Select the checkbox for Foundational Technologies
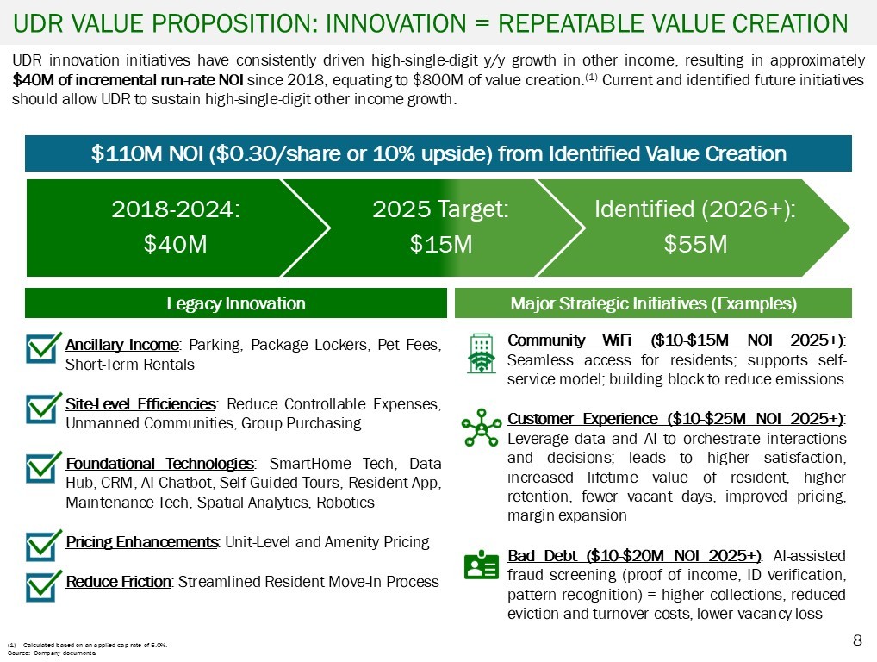pyautogui.click(x=43, y=469)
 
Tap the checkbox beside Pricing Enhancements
pyautogui.click(x=43, y=545)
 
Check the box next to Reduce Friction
pyautogui.click(x=43, y=585)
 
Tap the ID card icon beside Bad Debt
pyautogui.click(x=481, y=565)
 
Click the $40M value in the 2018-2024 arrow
pyautogui.click(x=175, y=245)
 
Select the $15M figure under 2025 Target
pyautogui.click(x=440, y=245)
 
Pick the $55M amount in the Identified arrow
pyautogui.click(x=695, y=245)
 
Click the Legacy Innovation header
pyautogui.click(x=235, y=303)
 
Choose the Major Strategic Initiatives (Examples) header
pyautogui.click(x=653, y=303)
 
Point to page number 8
pyautogui.click(x=856, y=640)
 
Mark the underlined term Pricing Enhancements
pyautogui.click(x=141, y=542)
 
